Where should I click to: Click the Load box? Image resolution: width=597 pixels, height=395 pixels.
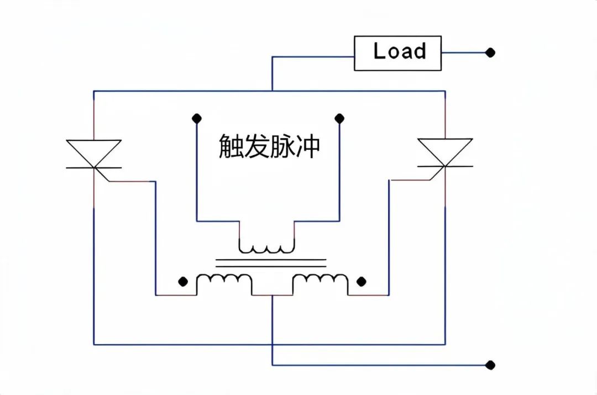[397, 53]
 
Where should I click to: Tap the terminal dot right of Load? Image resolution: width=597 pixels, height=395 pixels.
[490, 53]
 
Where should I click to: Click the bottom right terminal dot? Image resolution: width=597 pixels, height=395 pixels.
[490, 365]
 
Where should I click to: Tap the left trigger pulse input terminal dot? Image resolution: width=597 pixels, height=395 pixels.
[196, 118]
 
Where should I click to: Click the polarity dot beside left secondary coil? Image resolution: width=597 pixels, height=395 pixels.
[183, 282]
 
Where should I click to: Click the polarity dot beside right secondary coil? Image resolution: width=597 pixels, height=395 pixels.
[362, 282]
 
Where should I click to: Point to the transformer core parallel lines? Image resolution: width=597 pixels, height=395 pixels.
[270, 262]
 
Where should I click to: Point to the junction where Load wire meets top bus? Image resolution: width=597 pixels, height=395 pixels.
[272, 91]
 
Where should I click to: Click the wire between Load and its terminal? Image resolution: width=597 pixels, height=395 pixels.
[464, 53]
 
